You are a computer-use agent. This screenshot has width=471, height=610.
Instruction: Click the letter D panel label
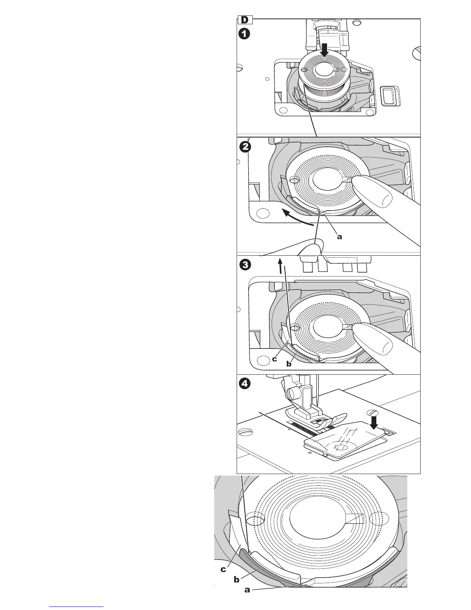(244, 20)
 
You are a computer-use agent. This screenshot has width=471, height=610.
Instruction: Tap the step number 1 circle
(244, 34)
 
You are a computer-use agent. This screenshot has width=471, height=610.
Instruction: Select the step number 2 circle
(244, 147)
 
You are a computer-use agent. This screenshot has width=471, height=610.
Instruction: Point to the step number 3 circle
(244, 265)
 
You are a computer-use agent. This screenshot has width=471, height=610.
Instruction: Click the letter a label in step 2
(339, 237)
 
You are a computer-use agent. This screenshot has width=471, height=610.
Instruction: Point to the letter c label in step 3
(274, 359)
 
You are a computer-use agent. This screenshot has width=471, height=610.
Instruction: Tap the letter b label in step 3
(289, 364)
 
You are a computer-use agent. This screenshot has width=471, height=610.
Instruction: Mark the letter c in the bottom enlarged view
(223, 570)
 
